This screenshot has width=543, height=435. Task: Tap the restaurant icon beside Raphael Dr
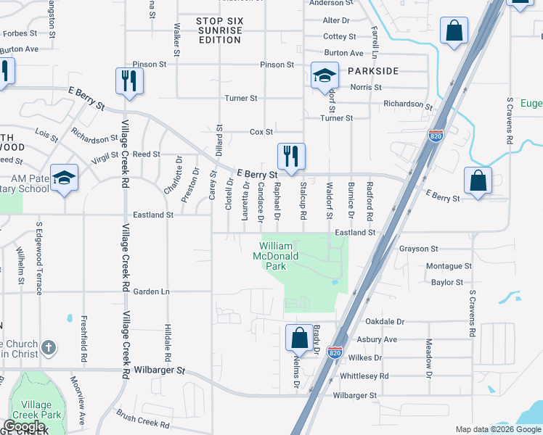(290, 156)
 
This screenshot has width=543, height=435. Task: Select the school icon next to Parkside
(324, 75)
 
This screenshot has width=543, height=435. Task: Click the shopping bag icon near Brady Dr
(299, 337)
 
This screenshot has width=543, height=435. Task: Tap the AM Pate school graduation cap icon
(64, 178)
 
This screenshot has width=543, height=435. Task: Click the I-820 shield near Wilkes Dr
(335, 352)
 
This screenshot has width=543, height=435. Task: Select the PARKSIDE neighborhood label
(373, 71)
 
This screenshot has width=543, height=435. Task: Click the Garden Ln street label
(151, 291)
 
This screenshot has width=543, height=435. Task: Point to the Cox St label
(261, 132)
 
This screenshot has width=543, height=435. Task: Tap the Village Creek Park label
(36, 410)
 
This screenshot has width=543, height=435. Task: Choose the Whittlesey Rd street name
(364, 376)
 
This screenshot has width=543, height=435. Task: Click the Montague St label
(449, 266)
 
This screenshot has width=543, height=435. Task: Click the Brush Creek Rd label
(143, 419)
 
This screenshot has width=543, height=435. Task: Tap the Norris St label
(366, 87)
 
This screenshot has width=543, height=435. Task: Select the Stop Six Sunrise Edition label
(219, 30)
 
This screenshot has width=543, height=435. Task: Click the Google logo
(24, 426)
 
